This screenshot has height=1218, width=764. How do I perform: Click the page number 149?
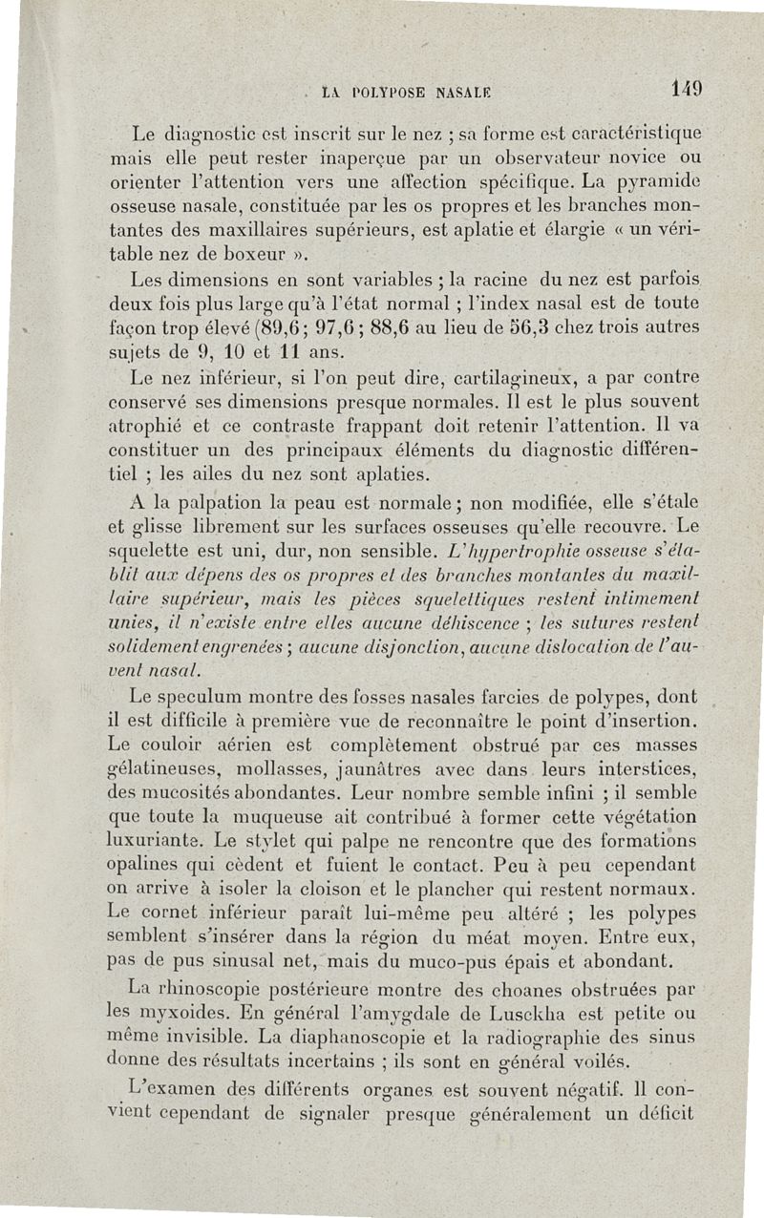[x=687, y=90]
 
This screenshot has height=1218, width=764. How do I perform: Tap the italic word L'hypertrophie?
[x=513, y=551]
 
